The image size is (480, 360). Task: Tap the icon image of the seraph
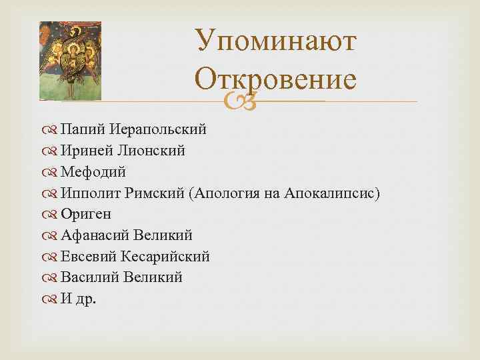click(70, 60)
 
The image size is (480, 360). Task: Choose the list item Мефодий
click(93, 172)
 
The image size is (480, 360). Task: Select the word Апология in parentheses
click(225, 193)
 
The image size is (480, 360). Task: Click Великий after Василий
click(153, 277)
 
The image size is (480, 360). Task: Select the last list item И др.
click(78, 299)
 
